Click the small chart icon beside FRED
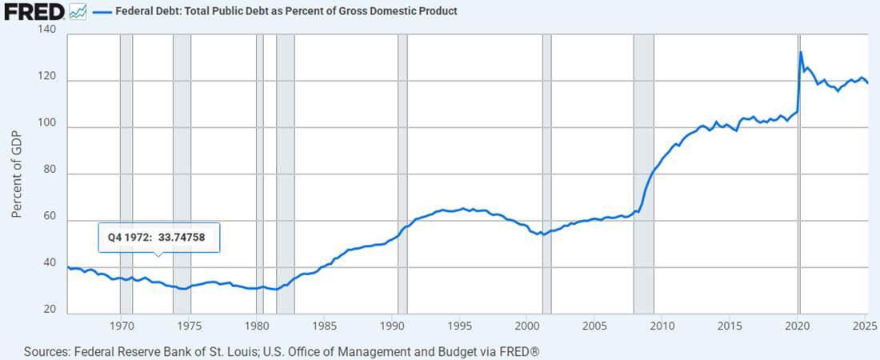pyautogui.click(x=78, y=12)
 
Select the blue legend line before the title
pyautogui.click(x=102, y=12)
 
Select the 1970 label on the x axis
pyautogui.click(x=121, y=326)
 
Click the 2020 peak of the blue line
pyautogui.click(x=801, y=53)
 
